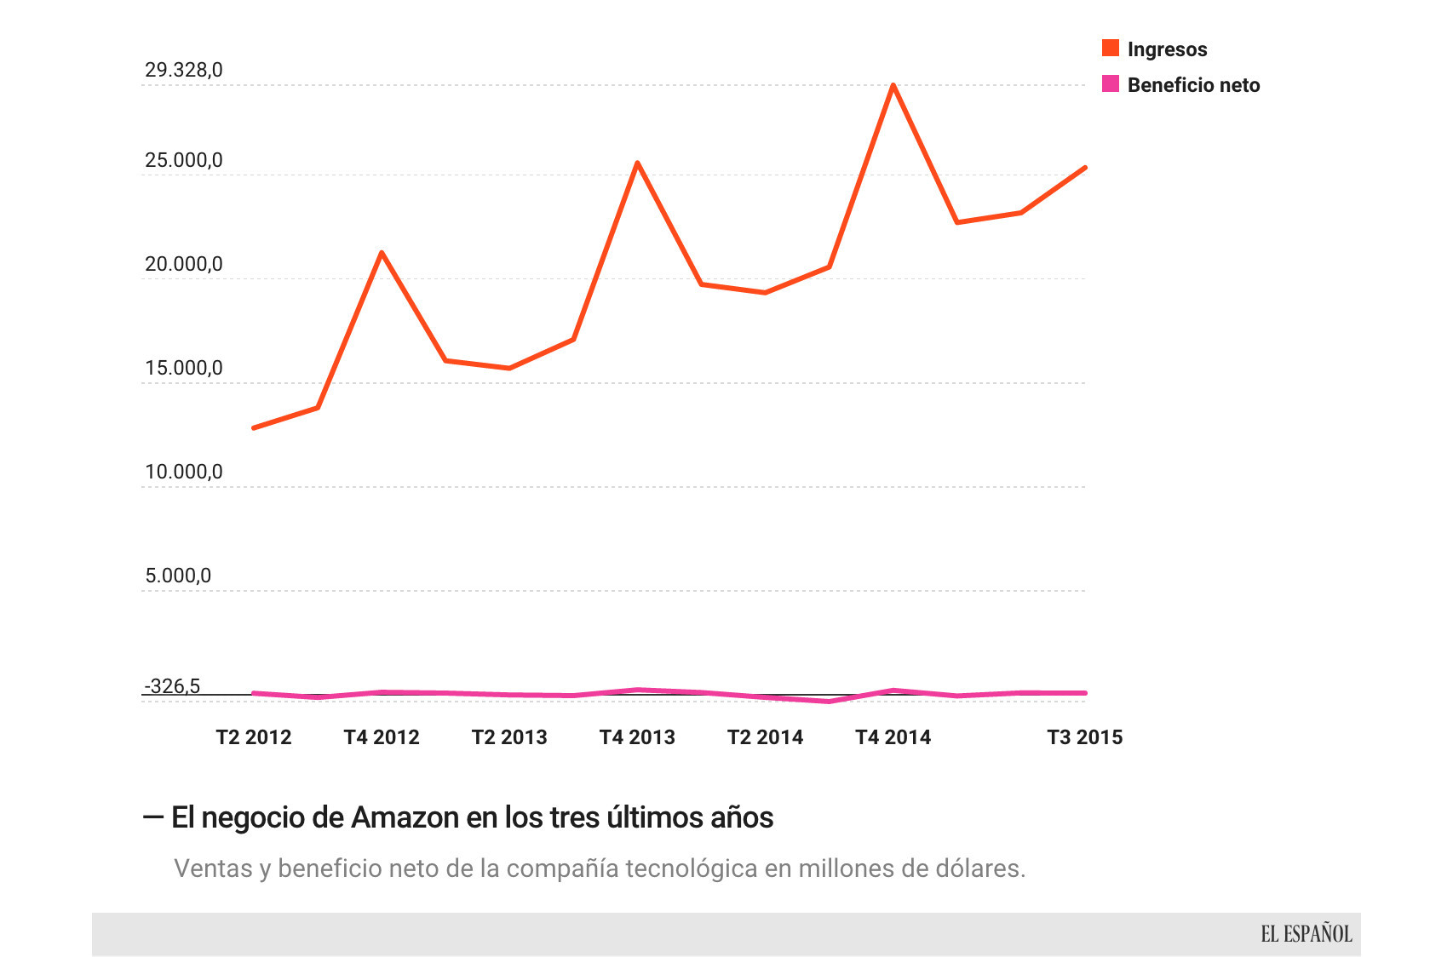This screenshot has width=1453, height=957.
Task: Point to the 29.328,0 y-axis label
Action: [x=184, y=70]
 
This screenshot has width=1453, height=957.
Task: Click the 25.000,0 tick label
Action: [x=184, y=160]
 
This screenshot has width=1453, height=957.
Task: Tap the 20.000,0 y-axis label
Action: [x=184, y=264]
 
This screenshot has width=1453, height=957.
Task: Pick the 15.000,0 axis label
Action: [x=184, y=368]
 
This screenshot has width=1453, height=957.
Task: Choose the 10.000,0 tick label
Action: [x=184, y=472]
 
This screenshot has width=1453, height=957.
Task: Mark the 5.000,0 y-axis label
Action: [x=178, y=576]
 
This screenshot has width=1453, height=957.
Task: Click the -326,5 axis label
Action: [x=172, y=686]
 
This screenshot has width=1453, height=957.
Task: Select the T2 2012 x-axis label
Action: [x=254, y=737]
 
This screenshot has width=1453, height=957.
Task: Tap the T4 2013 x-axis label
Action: [x=637, y=737]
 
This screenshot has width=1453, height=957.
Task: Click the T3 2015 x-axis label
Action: [x=1084, y=737]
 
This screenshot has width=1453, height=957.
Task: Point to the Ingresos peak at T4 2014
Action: [x=893, y=85]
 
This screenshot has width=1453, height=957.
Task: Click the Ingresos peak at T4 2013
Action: [x=637, y=163]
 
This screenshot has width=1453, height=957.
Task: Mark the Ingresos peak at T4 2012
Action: [x=382, y=252]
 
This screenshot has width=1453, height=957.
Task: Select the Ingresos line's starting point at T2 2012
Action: [x=254, y=427]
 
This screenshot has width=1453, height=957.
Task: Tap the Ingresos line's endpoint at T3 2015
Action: [x=1084, y=168]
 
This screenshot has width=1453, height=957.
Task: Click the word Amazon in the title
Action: [x=405, y=817]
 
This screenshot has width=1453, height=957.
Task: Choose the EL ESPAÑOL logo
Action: [x=1306, y=934]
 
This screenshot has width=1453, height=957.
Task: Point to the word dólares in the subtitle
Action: [x=980, y=868]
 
